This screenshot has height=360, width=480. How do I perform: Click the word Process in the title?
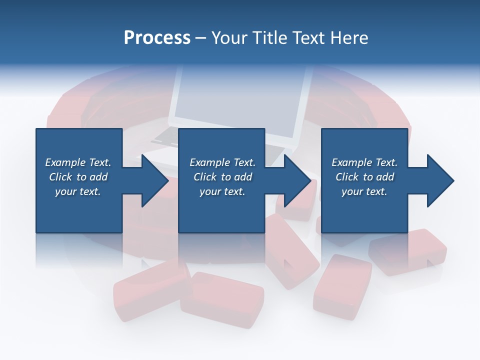pos(157,38)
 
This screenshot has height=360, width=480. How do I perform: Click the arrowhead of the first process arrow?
pos(154,180)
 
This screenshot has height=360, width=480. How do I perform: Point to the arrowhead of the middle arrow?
pos(297,180)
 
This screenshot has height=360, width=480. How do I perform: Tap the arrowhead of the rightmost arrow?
pos(440,180)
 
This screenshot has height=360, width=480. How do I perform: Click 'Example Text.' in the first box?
pos(78,162)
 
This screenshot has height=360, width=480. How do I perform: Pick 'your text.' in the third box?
pos(364,191)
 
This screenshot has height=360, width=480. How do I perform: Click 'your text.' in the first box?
pos(78,191)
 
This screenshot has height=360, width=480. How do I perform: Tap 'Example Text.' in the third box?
pos(364,162)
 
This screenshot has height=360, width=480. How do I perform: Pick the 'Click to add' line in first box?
pos(78,177)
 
